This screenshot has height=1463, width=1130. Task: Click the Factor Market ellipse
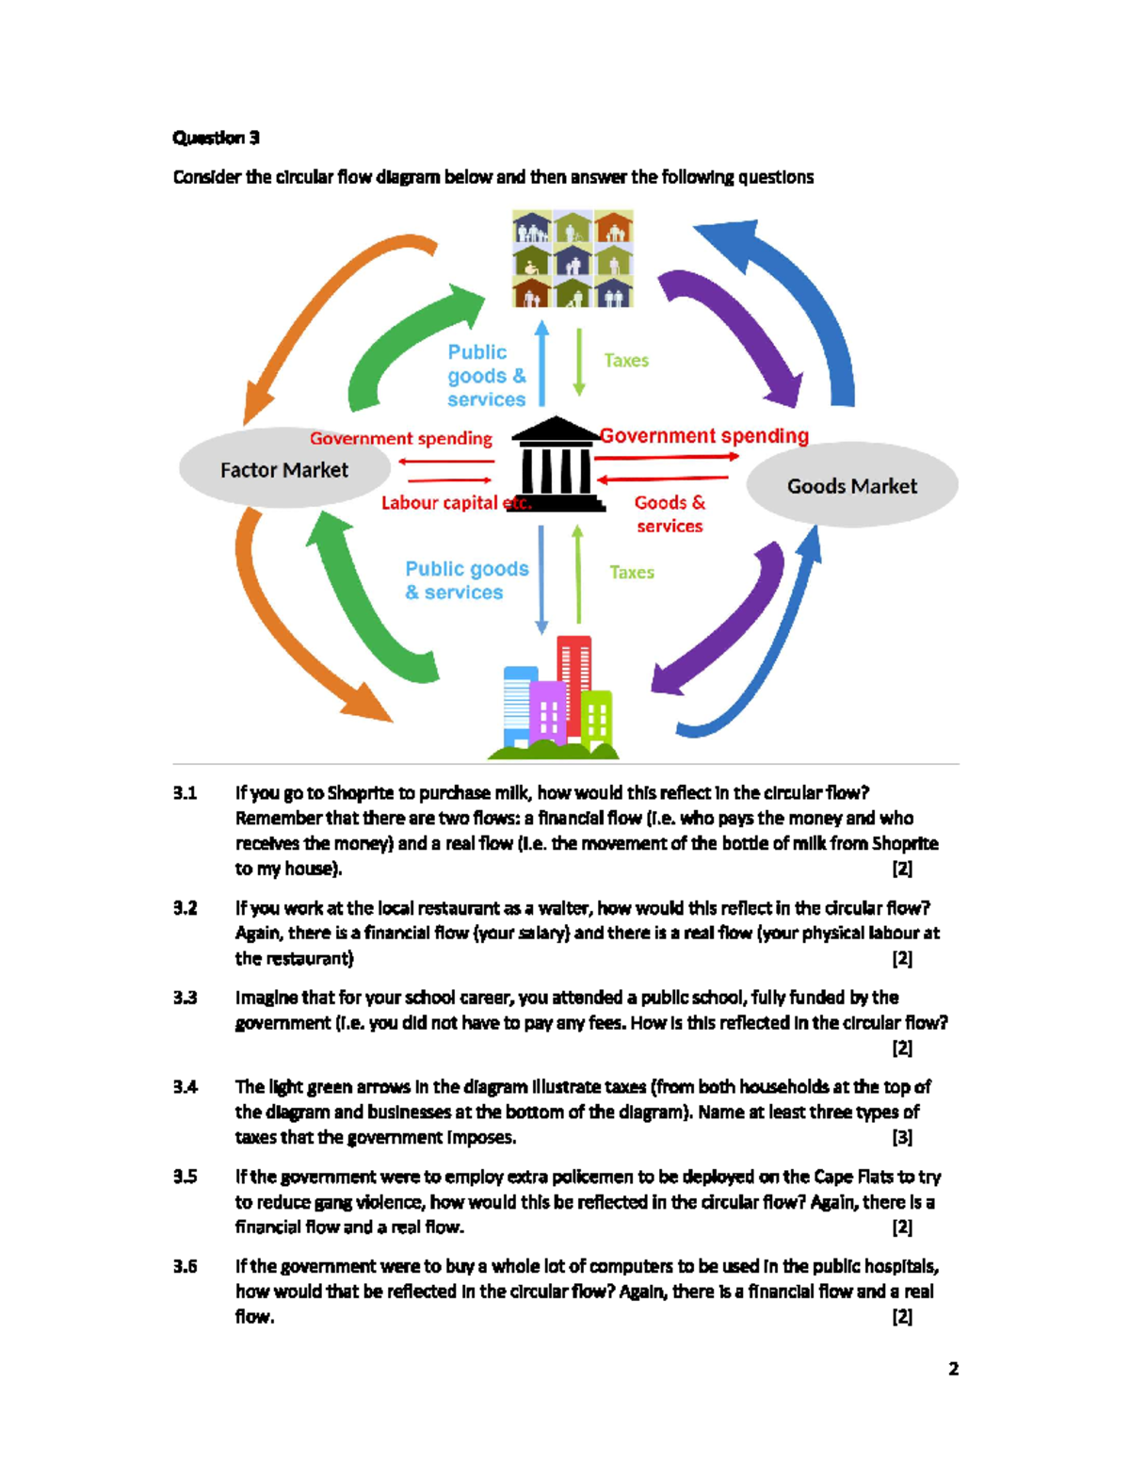point(284,469)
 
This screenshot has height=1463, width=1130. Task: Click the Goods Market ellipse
point(851,486)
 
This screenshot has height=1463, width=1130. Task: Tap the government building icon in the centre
point(557,464)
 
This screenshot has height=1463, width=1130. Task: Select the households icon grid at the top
point(573,259)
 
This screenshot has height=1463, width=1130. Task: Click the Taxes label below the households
point(626,361)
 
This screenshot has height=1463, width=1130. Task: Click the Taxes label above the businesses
point(631,572)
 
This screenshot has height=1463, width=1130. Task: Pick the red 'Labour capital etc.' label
point(456,503)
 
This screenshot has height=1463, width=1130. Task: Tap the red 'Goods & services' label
point(670,514)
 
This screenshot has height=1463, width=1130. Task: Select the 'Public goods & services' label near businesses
point(466,580)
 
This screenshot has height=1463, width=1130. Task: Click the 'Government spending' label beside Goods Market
point(704,436)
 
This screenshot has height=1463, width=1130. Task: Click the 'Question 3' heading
point(216,138)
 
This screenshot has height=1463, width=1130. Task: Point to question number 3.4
point(186,1087)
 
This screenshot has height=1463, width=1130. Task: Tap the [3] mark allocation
point(901,1137)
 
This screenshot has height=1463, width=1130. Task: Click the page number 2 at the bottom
point(953,1369)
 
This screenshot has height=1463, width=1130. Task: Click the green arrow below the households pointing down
point(579,362)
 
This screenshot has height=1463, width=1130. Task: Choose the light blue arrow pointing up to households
point(541,363)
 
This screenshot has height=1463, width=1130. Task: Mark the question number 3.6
point(186,1266)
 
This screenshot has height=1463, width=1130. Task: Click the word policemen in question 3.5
point(593,1177)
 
